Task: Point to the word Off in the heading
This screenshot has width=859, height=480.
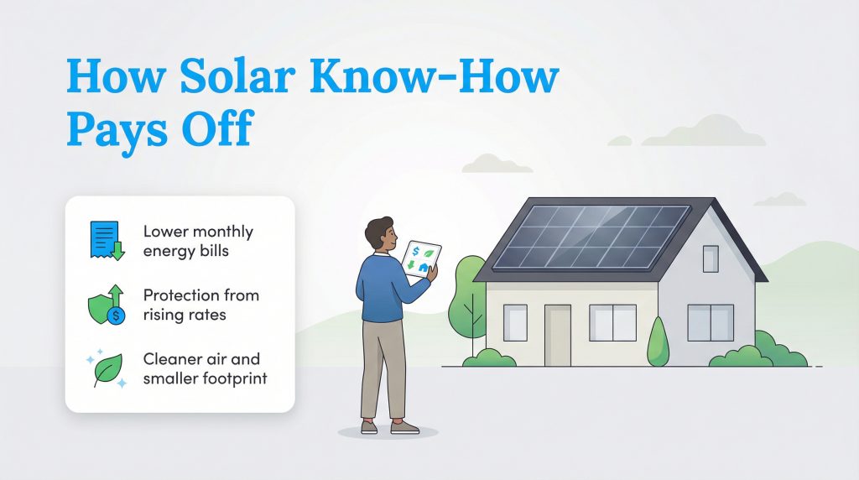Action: click(220, 132)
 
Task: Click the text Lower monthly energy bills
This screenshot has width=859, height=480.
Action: click(197, 240)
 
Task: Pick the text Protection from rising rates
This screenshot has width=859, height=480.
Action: click(200, 305)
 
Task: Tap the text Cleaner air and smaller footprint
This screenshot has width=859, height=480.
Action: click(205, 370)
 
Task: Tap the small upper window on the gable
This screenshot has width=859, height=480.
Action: click(711, 258)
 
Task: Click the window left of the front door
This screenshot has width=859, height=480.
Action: click(515, 322)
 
